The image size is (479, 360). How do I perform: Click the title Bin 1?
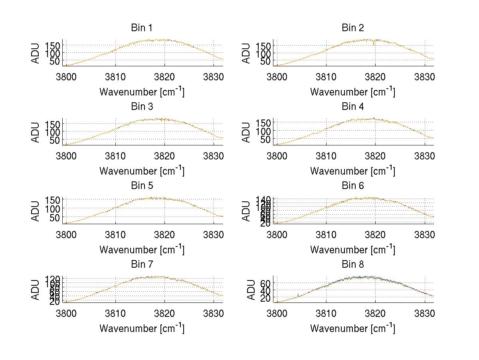[141, 28]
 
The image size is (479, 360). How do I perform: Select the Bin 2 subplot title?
[352, 28]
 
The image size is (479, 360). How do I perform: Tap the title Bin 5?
[141, 186]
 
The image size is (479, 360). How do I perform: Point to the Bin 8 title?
[352, 265]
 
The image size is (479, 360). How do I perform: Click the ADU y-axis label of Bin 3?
[36, 132]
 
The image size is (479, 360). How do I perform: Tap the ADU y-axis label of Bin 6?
[247, 211]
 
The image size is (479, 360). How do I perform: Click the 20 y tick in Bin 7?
[55, 302]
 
